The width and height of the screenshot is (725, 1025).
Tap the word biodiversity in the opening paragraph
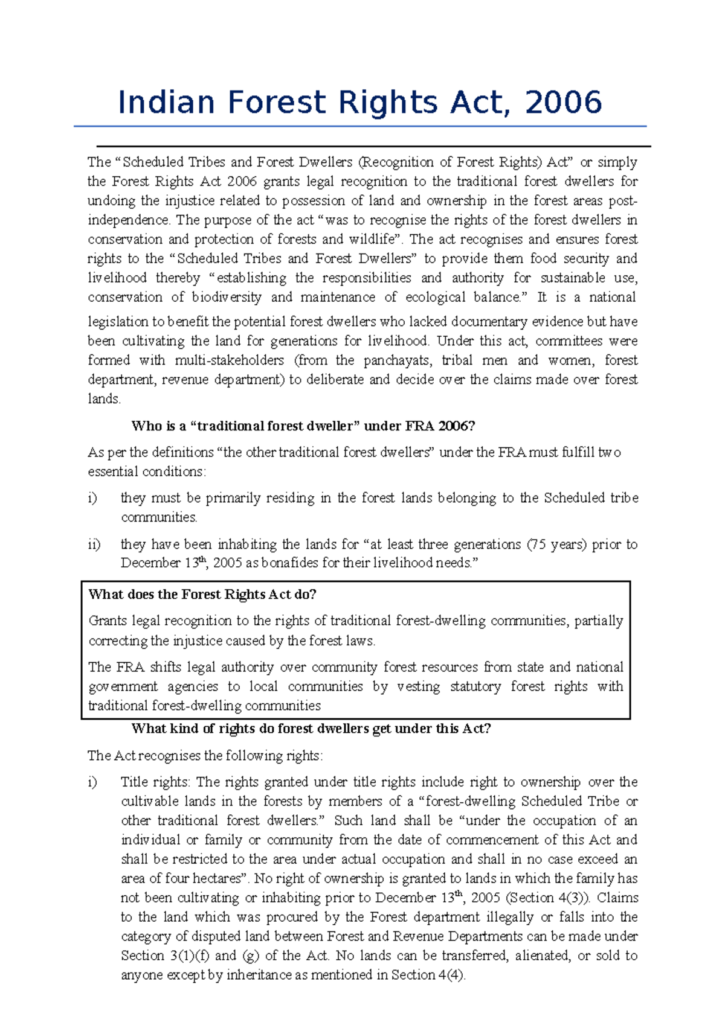[227, 297]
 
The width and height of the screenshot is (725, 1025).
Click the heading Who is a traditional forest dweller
[303, 426]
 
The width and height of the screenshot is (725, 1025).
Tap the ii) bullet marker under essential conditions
[94, 544]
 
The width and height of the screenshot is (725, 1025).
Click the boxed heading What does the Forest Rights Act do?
[202, 595]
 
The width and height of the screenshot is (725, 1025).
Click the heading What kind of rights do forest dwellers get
[311, 729]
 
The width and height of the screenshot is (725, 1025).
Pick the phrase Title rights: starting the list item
[155, 782]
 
